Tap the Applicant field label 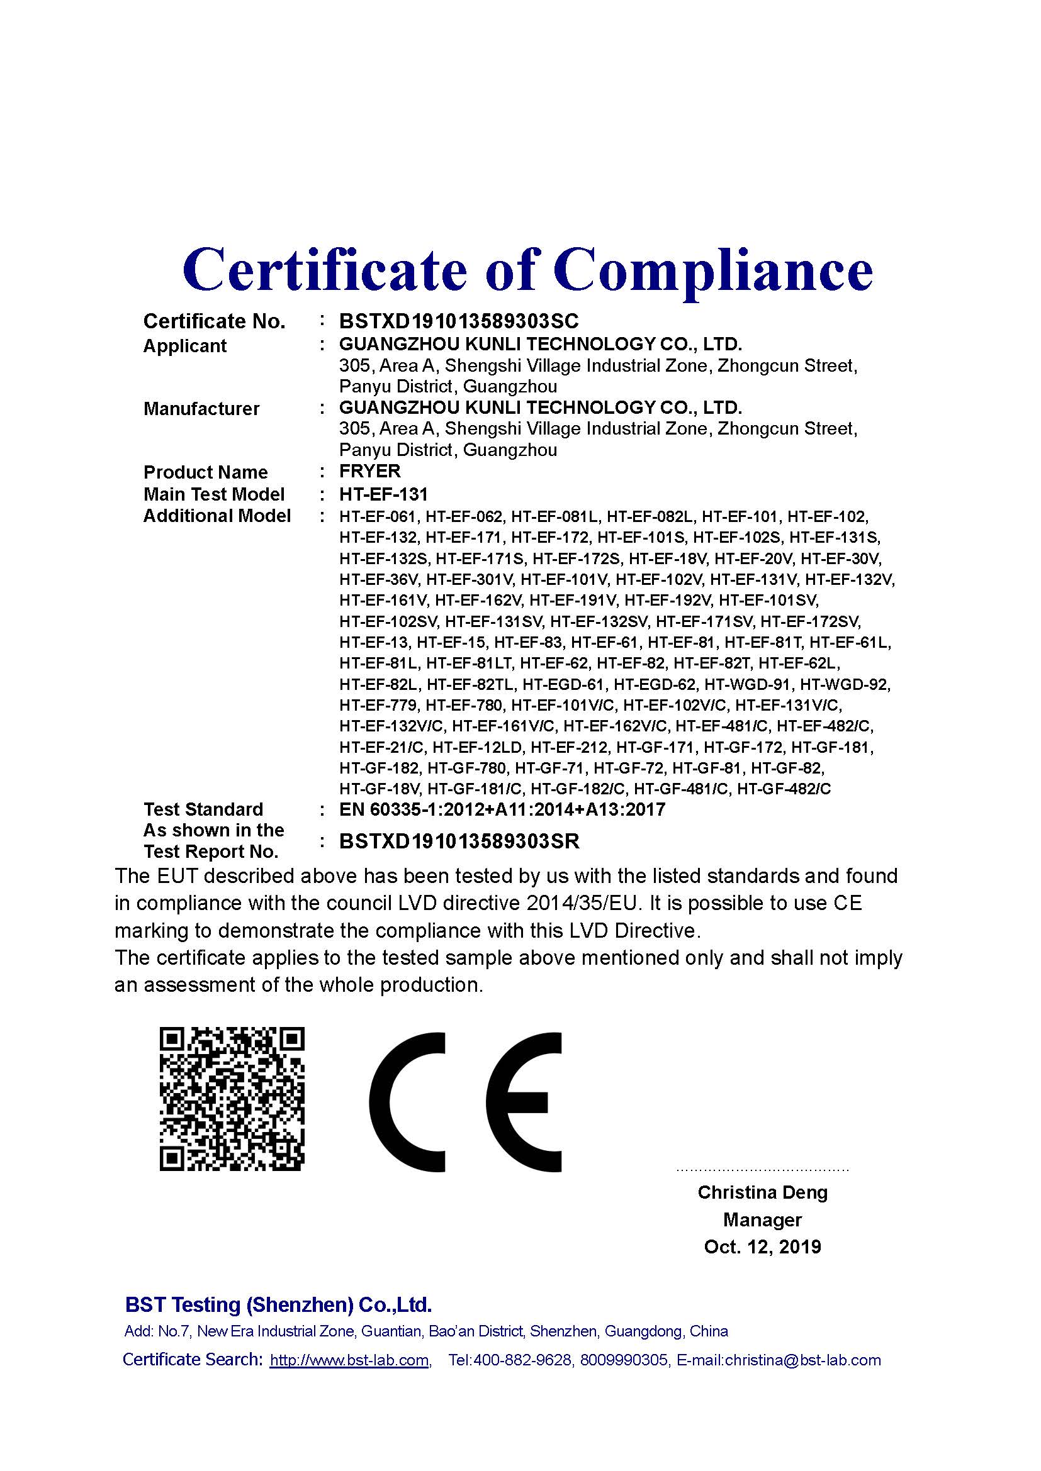tap(184, 346)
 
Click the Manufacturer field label tap(201, 409)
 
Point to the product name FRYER tap(370, 471)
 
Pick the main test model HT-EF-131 tap(383, 494)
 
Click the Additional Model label tap(217, 516)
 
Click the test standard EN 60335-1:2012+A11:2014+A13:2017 tap(502, 810)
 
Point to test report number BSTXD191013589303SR tap(459, 841)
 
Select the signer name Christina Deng tap(762, 1193)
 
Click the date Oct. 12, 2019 tap(762, 1246)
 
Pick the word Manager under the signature tap(762, 1220)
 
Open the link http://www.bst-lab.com tap(349, 1360)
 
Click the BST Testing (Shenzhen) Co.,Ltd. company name tap(278, 1304)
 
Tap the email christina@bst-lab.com tap(802, 1360)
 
